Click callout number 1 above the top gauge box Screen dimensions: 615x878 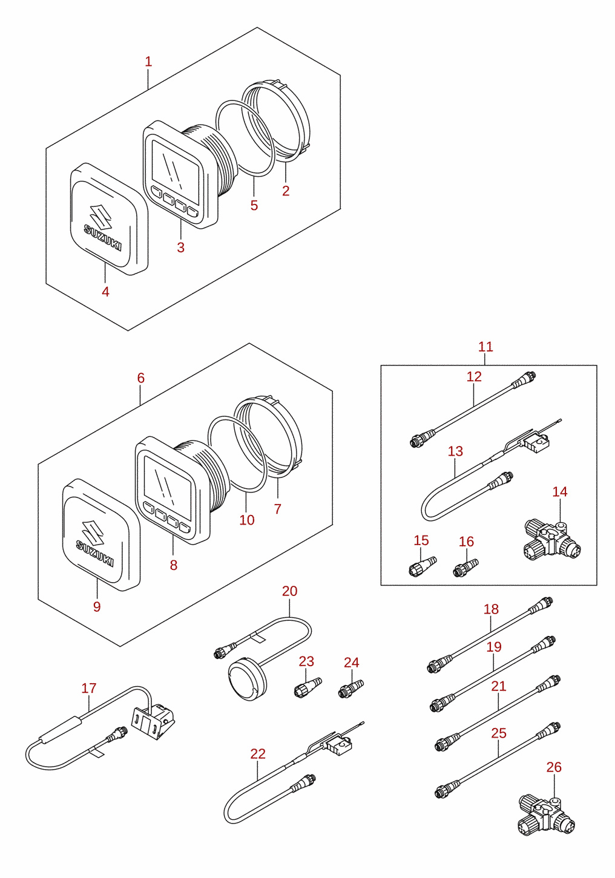coord(148,62)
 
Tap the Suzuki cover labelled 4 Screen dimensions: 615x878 coord(110,218)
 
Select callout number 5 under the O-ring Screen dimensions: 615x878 coord(254,205)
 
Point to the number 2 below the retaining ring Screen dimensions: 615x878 coord(286,191)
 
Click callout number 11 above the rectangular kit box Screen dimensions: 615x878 coord(485,347)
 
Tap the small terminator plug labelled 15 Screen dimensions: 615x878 coord(423,566)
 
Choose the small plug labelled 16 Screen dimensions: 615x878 coord(465,568)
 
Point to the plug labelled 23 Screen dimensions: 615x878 coord(308,687)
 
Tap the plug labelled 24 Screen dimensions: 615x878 coord(351,689)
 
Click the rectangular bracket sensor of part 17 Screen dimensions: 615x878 coord(153,721)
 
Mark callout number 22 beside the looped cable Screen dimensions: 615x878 coord(258,754)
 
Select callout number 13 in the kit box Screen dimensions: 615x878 coord(455,451)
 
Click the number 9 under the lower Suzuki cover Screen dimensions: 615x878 coord(97,606)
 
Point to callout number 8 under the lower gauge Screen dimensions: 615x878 coord(173,565)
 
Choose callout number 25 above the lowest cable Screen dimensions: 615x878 coord(499,733)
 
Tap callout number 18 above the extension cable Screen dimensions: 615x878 coord(491,609)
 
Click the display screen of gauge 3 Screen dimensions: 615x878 coord(176,166)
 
